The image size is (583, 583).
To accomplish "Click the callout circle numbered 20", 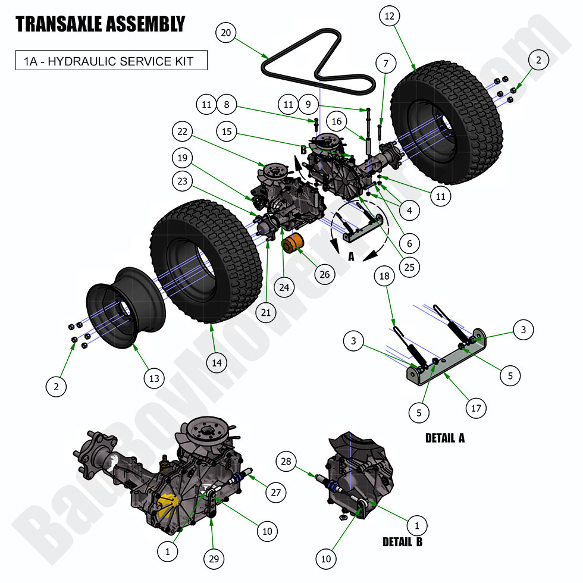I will [225, 33].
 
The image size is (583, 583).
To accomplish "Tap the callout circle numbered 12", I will [389, 17].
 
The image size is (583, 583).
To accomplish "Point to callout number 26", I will [324, 274].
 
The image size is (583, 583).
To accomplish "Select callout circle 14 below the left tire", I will [217, 362].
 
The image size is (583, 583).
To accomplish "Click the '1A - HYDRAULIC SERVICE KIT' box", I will [111, 60].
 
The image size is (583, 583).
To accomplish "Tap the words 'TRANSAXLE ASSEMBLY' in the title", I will [100, 24].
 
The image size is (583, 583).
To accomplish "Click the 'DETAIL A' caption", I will [444, 438].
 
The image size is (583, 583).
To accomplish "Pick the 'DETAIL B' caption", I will [403, 542].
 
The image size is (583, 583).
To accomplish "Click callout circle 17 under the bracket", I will [475, 408].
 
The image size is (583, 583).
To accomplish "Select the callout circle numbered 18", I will [385, 276].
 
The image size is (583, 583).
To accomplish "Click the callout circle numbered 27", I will [276, 492].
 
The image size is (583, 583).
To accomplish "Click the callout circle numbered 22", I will [181, 131].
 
